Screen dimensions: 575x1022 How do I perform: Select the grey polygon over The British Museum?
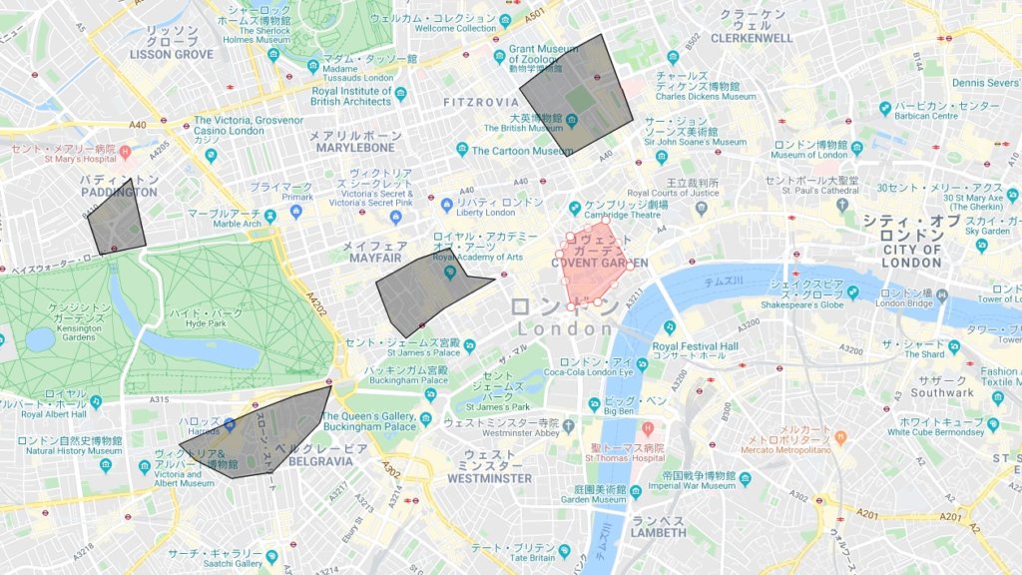577,95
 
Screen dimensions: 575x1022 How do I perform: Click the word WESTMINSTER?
490,478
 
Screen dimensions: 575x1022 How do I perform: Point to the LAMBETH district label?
658,533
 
